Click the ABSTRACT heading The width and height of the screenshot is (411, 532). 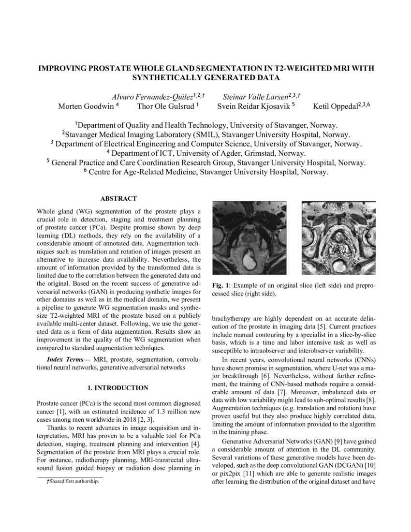click(118, 199)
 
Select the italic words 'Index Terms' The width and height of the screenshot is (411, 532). click(65, 360)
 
